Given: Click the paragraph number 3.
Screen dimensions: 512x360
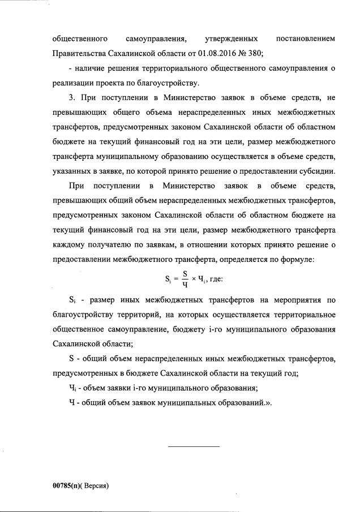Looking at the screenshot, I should point(70,97).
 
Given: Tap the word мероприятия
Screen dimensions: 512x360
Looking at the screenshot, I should point(298,299).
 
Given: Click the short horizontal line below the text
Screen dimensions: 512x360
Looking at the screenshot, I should point(193,448).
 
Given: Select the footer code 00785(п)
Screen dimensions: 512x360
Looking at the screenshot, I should point(66,485).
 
